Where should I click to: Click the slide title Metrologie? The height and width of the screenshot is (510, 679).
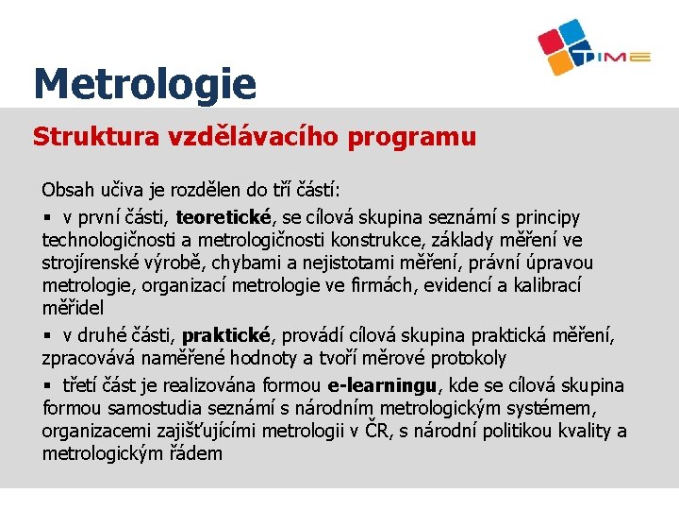144,84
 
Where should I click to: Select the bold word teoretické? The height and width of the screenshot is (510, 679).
224,218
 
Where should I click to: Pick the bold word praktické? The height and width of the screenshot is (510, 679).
226,335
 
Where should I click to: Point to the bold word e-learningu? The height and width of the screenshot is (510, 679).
383,385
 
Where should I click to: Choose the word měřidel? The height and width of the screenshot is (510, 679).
73,308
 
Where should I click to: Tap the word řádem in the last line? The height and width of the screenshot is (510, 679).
197,453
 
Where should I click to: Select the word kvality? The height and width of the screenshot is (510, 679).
581,431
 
